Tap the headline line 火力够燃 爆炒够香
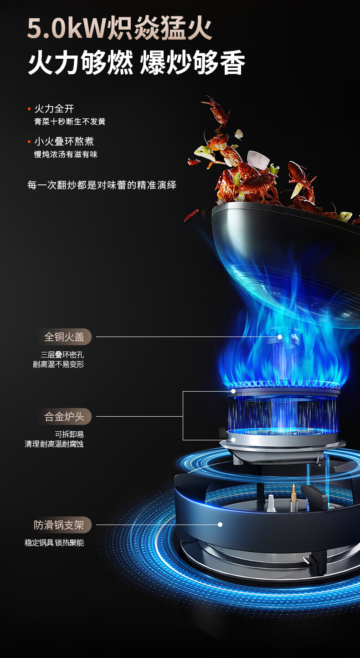pos(136,62)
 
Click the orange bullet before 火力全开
pos(29,109)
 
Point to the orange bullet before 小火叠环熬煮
pos(29,142)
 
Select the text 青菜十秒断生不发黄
pos(70,122)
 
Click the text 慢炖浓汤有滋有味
pos(66,154)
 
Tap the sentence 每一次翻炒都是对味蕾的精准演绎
pos(102,185)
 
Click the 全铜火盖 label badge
pos(65,337)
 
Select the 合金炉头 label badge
pos(65,416)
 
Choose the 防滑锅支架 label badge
pos(60,525)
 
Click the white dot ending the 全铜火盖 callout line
pos(280,337)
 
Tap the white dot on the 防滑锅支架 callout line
pos(220,525)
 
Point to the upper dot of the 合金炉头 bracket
pos(233,391)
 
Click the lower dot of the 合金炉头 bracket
pos(233,440)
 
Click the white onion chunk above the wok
pos(258,160)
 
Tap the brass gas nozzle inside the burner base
pos(293,498)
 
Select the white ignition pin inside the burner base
pos(271,504)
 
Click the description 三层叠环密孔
pos(62,355)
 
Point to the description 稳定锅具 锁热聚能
pos(54,543)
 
